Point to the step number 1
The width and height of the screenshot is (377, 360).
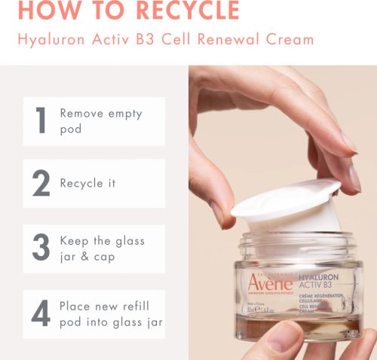pos(41,121)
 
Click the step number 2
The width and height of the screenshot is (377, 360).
pos(41,183)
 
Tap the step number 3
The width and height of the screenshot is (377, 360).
pos(41,249)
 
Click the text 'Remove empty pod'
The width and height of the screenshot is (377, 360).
pos(101,121)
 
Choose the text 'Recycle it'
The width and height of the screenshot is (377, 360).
pos(88,183)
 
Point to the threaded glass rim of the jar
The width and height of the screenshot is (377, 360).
pos(298,245)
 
